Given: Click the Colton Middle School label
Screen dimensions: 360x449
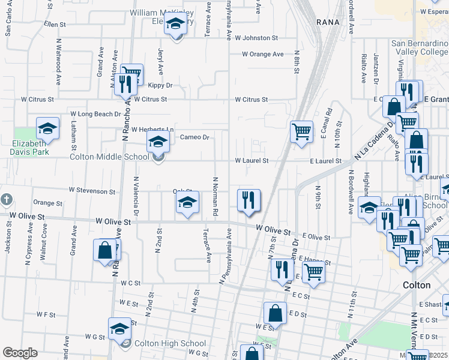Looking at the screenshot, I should coord(109,157).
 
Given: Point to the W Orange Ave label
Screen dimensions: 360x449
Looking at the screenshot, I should coord(263,54).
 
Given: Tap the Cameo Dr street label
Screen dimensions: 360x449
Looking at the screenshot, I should coord(194,137).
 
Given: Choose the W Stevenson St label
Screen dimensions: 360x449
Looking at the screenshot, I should coord(92,191).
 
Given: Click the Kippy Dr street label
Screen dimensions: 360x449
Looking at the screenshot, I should coord(160,86).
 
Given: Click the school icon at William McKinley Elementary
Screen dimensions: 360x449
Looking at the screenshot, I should coord(176,24).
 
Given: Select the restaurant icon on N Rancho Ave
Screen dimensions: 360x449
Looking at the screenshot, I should coord(125,83).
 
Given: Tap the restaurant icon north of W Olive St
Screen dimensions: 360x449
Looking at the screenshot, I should coord(249,199).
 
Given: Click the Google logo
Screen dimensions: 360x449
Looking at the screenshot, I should coord(20,353).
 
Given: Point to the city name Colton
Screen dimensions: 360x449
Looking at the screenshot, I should coord(417,285).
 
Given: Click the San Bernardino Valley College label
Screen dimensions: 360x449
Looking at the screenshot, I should coord(420,48).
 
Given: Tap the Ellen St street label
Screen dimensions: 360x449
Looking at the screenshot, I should coord(55,25).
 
